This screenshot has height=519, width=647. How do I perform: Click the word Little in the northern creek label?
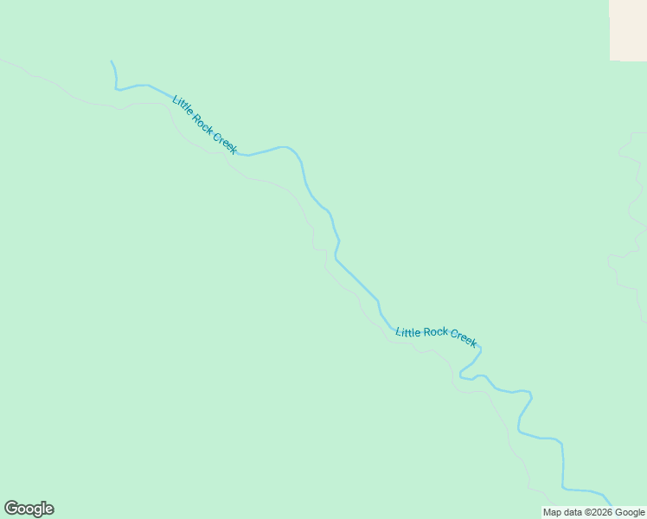(183, 106)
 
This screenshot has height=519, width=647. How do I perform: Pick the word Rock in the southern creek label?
(436, 333)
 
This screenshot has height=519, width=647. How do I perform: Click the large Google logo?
(29, 509)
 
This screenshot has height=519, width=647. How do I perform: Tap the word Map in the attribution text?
(552, 512)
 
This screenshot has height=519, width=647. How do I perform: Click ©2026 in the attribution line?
(599, 512)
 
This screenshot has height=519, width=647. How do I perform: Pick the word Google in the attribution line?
(630, 512)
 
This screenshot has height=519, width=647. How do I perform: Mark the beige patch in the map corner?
(628, 29)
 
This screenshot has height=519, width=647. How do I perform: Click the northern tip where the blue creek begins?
(112, 61)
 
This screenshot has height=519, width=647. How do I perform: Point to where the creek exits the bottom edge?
(610, 504)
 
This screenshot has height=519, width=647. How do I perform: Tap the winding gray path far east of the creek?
(630, 216)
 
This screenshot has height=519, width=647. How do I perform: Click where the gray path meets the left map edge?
(2, 60)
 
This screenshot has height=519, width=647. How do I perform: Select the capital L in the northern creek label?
(175, 99)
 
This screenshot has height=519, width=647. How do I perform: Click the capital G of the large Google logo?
(11, 509)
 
